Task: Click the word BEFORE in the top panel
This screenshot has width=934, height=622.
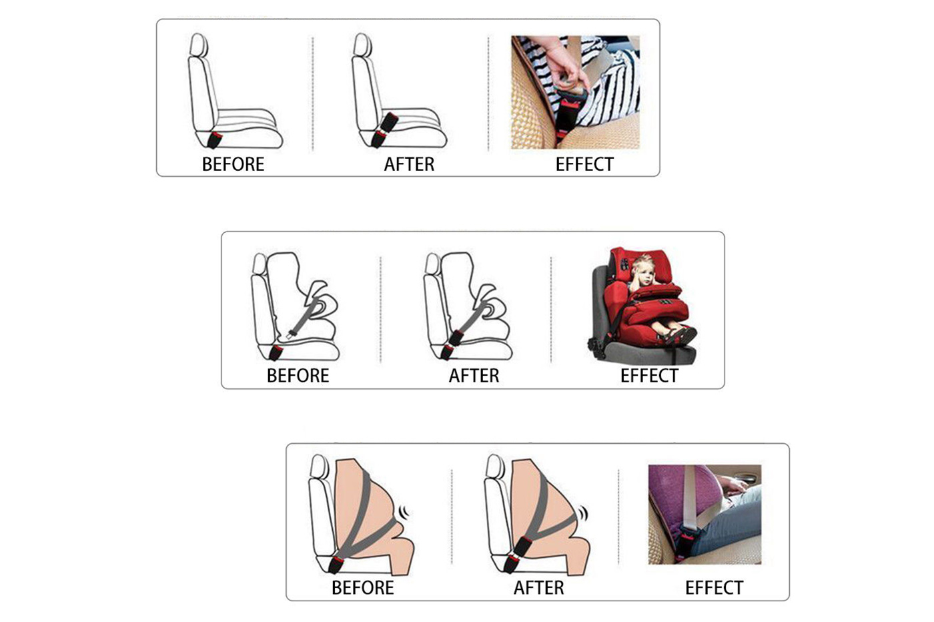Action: (233, 164)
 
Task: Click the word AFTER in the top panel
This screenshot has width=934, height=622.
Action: (409, 164)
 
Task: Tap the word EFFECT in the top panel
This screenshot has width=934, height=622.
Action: (584, 164)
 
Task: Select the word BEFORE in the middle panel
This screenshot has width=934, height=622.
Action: (298, 376)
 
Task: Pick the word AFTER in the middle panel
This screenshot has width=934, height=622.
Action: (474, 376)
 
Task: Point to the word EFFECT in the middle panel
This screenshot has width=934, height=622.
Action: (649, 376)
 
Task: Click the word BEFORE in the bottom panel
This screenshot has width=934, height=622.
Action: (363, 588)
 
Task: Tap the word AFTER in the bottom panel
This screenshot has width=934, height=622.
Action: (539, 588)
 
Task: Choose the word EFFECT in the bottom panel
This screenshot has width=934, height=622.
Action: (715, 588)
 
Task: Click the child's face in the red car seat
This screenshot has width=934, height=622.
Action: (643, 272)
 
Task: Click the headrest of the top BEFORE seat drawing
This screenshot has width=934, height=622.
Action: (199, 45)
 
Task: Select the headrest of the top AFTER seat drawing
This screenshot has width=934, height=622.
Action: (362, 45)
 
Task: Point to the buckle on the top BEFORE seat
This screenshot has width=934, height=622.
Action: (214, 141)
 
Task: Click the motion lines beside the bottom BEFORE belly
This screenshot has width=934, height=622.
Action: (404, 512)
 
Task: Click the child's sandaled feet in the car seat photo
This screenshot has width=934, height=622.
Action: (679, 334)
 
